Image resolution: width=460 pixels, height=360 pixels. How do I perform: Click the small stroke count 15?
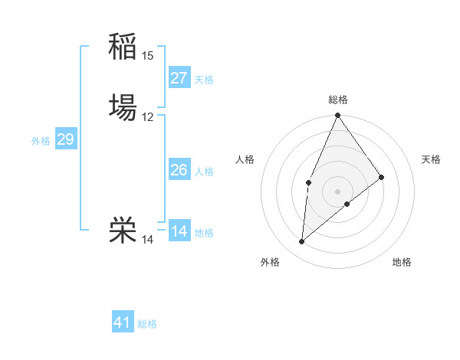[148, 55]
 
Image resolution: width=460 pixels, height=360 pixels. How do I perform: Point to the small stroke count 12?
[148, 117]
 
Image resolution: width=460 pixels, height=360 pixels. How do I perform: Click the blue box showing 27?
[179, 77]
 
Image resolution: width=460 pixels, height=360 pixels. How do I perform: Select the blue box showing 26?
[179, 170]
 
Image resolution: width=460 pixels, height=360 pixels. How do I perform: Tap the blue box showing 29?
[65, 139]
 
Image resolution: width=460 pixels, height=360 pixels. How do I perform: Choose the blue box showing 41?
[123, 322]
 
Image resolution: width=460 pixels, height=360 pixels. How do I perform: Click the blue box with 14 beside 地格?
[179, 231]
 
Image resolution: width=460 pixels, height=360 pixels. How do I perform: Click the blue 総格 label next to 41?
[147, 324]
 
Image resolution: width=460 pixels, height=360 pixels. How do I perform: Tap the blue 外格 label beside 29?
[41, 141]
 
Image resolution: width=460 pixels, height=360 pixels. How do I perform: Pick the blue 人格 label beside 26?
[204, 172]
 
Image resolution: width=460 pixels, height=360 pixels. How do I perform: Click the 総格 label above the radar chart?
[338, 100]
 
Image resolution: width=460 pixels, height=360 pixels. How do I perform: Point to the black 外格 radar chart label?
[270, 262]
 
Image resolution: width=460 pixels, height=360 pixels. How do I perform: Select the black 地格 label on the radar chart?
[402, 262]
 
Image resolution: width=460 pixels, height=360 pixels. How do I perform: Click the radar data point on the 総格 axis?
[337, 116]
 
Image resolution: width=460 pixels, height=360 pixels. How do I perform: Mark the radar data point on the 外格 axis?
[302, 242]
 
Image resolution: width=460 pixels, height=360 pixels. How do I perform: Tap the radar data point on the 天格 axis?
[382, 177]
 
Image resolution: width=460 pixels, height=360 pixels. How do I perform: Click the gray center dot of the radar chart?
[337, 191]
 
